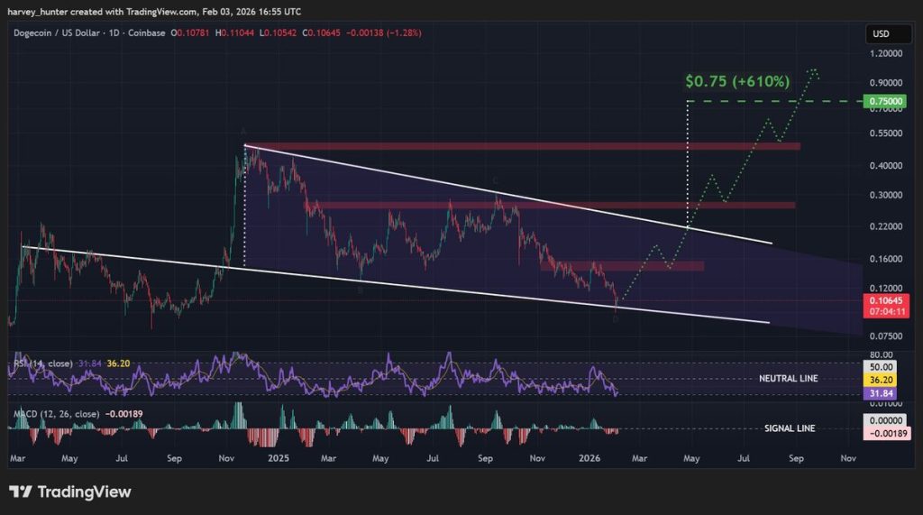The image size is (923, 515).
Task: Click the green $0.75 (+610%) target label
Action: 737,81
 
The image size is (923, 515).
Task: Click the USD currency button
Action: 881,34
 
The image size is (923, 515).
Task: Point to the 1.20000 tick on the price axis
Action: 883,54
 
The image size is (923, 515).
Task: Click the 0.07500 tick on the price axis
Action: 883,336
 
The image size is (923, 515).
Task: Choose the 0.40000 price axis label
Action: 883,166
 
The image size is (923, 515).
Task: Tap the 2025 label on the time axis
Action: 278,458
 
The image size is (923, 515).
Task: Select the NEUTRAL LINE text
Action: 789,379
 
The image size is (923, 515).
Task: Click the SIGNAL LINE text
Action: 790,428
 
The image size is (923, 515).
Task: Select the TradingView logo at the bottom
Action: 69,492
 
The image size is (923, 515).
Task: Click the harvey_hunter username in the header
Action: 37,12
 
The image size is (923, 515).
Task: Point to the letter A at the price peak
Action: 243,133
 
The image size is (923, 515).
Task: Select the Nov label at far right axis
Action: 847,458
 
